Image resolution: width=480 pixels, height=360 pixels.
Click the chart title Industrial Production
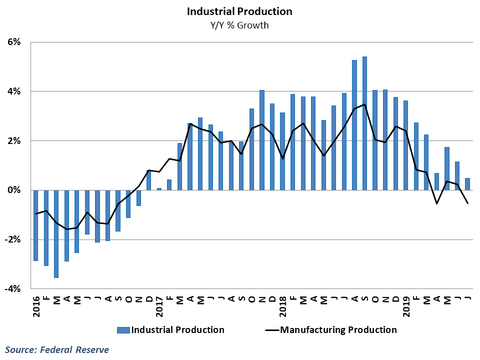(x=239, y=11)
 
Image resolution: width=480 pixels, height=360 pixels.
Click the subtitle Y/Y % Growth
(x=239, y=25)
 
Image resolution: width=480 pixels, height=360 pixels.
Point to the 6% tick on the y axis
(x=14, y=42)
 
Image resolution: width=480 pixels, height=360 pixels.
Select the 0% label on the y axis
(x=14, y=190)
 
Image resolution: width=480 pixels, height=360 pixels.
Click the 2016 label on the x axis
(x=36, y=306)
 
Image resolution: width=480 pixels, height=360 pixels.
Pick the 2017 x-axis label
(x=159, y=306)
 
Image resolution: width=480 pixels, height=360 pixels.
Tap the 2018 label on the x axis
(x=283, y=306)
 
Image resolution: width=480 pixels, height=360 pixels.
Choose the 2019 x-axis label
(x=406, y=306)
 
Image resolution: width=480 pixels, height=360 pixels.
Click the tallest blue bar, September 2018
(x=364, y=123)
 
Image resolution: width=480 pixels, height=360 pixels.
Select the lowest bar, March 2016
(x=56, y=234)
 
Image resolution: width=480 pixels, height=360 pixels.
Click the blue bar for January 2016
(x=36, y=225)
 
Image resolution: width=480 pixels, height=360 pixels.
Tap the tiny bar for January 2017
(x=159, y=189)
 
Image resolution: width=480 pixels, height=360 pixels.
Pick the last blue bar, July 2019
(x=467, y=184)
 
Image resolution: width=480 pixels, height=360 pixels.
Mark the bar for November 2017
(x=261, y=140)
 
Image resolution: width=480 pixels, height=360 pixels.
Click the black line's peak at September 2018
(x=364, y=104)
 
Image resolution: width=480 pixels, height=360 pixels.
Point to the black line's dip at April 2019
(x=436, y=203)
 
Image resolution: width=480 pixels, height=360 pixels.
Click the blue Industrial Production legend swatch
(x=123, y=330)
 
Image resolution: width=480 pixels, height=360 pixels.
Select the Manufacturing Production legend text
(x=338, y=330)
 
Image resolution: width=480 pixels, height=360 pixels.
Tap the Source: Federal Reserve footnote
(x=57, y=349)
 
